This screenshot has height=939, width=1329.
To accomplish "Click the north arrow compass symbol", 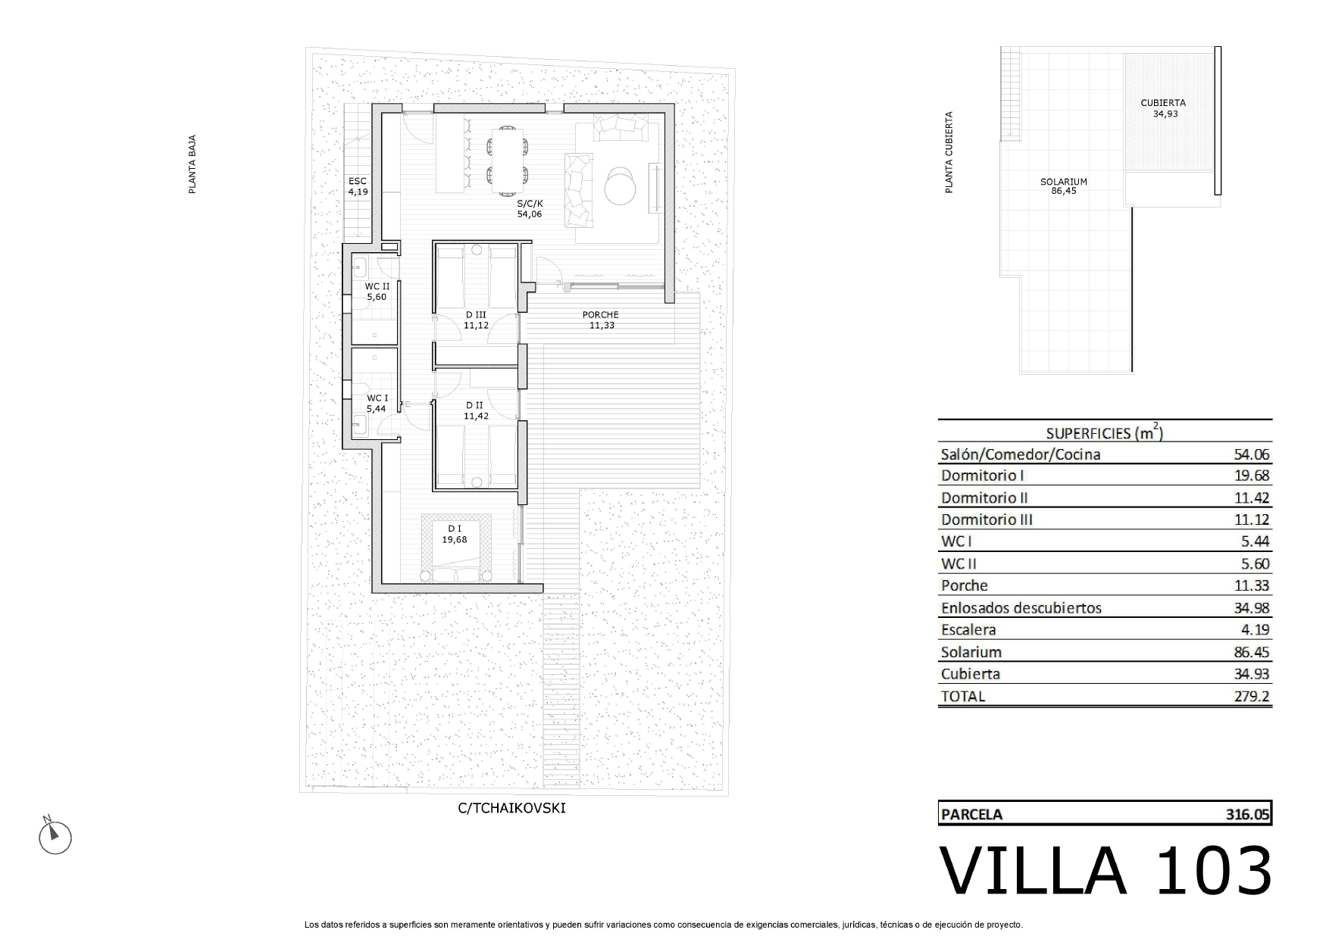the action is [x=55, y=837].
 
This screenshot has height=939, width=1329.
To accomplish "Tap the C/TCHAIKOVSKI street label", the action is [x=511, y=808].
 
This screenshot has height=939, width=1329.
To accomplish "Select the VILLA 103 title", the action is [x=1105, y=871].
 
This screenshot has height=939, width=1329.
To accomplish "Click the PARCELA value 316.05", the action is [x=1247, y=814].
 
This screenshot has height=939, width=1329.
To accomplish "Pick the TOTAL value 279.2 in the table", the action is [x=1252, y=696].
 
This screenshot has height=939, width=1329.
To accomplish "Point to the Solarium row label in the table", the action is [x=971, y=652].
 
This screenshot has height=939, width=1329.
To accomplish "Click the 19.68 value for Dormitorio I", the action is [x=1252, y=476].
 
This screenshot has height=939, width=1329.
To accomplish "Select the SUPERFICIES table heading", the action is [x=1105, y=432].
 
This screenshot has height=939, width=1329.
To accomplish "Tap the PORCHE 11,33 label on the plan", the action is [x=601, y=320].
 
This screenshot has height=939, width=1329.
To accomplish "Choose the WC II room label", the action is [x=377, y=292].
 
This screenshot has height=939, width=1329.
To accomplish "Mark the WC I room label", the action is [x=377, y=404].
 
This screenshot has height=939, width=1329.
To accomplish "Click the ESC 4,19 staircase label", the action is [x=358, y=186].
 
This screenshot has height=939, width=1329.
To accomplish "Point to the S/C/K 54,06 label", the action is [x=530, y=209].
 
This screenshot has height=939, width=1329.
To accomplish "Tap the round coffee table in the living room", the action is [x=622, y=185].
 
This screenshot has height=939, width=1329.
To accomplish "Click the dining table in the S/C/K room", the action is [x=507, y=158].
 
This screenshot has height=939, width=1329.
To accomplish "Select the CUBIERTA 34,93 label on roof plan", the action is [x=1163, y=108].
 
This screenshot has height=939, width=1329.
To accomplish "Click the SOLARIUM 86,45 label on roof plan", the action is [x=1064, y=186].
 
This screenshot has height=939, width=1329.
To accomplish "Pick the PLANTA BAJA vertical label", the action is [x=192, y=164].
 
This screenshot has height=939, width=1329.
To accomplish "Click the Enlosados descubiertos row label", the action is [x=1021, y=608].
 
